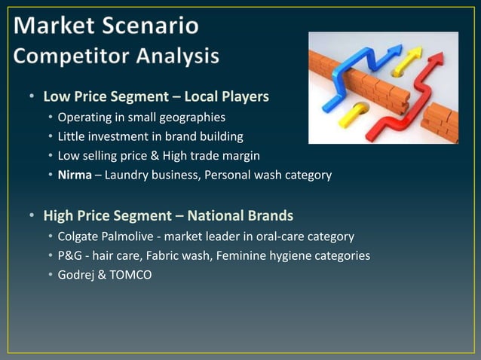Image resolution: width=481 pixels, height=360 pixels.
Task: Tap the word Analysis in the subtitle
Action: tap(180, 56)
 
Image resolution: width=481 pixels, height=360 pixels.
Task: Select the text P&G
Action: tap(70, 255)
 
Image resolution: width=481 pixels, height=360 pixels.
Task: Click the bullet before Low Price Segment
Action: tap(32, 97)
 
